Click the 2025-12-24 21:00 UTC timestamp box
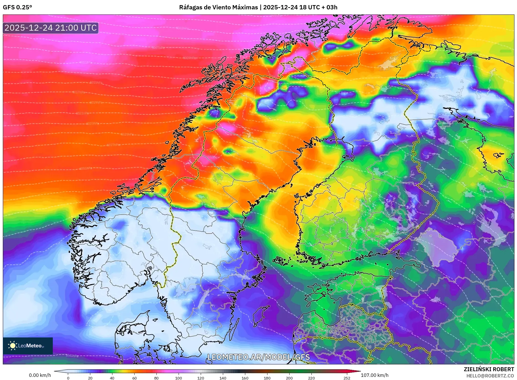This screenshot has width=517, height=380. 51,28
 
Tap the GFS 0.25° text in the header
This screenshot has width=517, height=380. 17,7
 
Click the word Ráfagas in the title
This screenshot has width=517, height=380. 191,7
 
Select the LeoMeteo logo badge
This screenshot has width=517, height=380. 28,346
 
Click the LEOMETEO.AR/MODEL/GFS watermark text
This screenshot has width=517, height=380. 258,357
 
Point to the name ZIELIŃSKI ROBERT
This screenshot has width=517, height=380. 489,369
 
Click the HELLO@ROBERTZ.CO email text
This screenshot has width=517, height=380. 490,376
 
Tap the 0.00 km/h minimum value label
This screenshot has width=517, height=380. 40,375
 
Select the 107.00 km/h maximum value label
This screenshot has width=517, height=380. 374,375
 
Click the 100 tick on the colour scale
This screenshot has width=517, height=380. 179,378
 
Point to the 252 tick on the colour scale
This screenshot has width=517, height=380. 347,378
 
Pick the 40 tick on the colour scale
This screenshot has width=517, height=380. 112,378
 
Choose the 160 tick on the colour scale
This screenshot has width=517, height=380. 245,378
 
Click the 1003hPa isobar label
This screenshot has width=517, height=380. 182,28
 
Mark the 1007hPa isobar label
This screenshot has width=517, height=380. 158,48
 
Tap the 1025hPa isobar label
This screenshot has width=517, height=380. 127,135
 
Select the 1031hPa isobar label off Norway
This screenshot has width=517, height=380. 85,168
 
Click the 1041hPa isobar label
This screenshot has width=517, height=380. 72,356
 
